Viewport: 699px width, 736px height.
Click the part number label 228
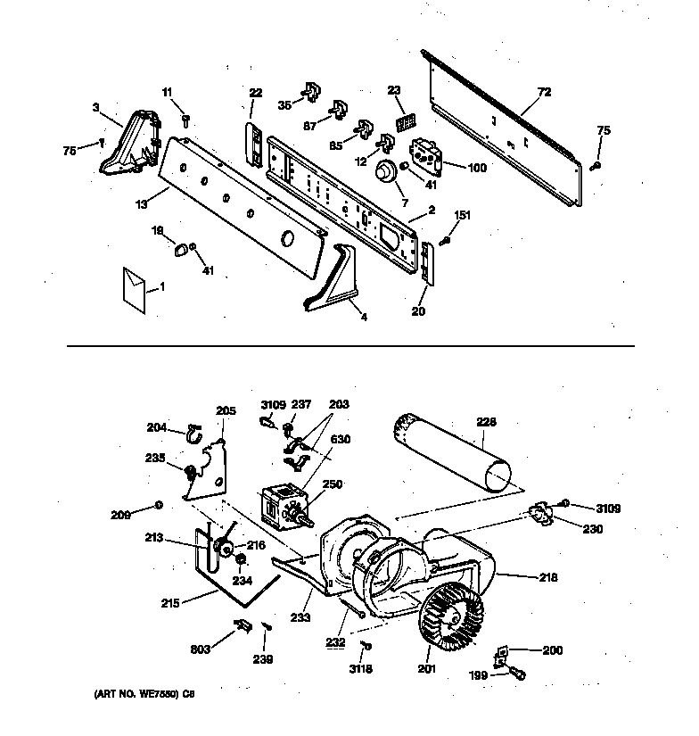point(486,422)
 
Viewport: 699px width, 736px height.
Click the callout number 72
point(545,92)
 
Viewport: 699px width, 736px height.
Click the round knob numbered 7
point(385,172)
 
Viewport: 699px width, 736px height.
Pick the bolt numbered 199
point(516,674)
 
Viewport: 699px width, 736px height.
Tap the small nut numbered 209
point(158,506)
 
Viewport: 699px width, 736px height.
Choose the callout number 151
point(463,214)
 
